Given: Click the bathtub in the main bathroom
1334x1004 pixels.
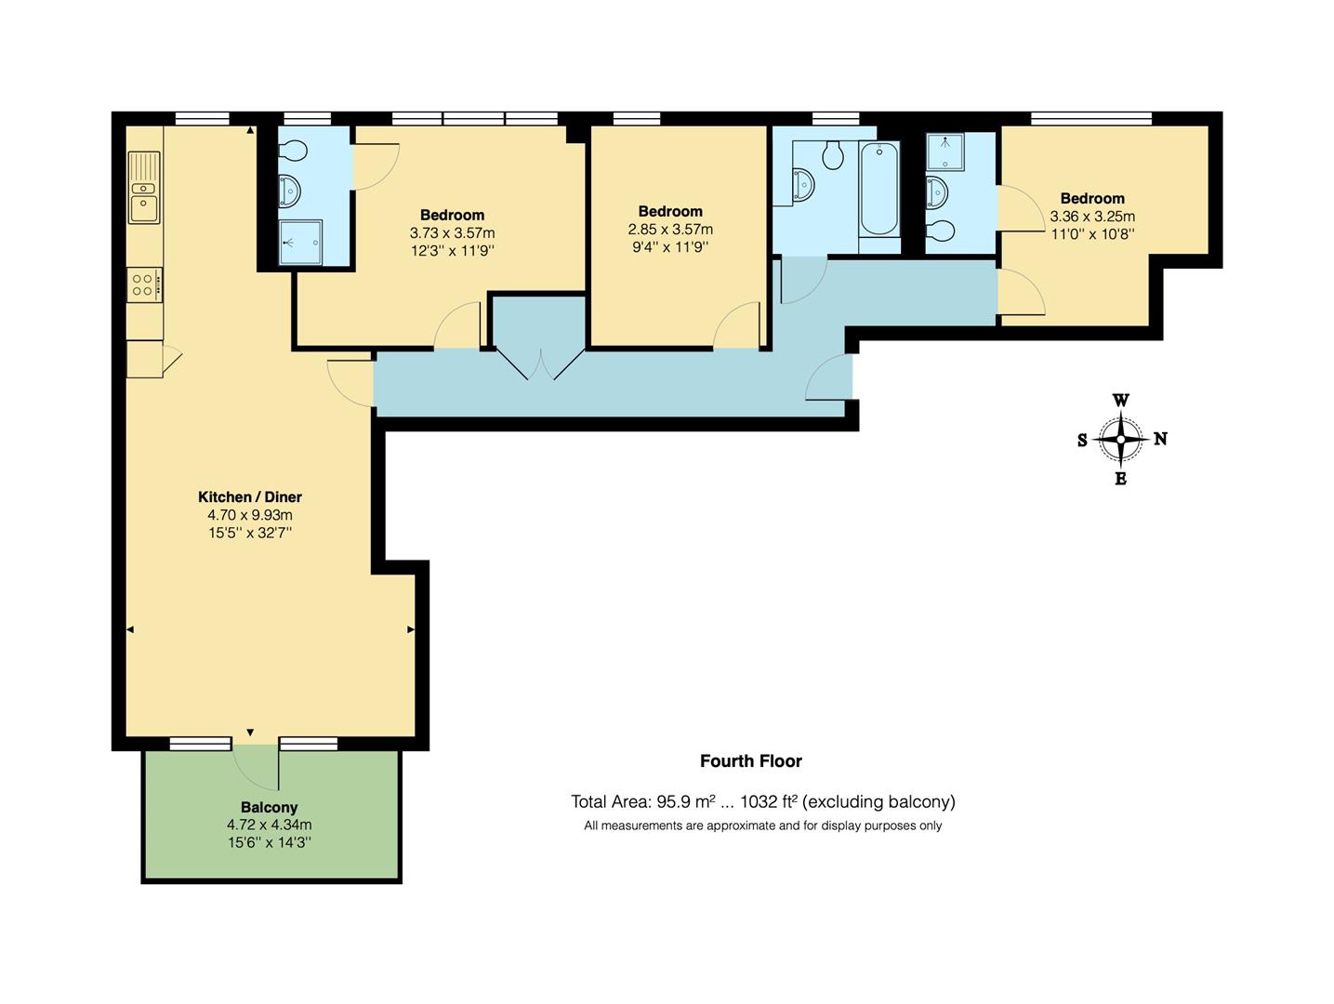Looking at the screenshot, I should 878,189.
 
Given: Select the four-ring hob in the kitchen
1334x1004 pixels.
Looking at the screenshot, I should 144,284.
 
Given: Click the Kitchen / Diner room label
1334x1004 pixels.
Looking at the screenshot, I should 250,497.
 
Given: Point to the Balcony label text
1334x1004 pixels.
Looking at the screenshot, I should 269,808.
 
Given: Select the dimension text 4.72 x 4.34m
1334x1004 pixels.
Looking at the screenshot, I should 269,825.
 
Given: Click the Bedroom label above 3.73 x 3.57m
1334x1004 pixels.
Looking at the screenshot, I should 452,215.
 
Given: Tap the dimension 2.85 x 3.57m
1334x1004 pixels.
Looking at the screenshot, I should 670,230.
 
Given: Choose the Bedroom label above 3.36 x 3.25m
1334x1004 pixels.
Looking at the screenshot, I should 1092,198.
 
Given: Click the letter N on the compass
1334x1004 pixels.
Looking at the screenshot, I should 1160,439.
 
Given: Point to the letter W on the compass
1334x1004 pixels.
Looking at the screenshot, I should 1121,401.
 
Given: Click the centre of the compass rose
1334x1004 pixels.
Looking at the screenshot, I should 1121,440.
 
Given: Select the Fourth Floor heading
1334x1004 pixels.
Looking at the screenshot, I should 751,761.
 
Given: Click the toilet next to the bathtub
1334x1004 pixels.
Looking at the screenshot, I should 833,154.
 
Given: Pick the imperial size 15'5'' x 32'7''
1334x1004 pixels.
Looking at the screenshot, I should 250,533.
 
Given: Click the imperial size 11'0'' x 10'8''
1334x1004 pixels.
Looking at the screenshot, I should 1092,234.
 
